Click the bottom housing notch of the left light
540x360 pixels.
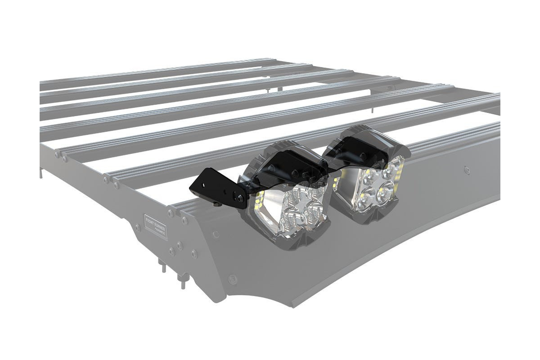pos(288,247)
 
